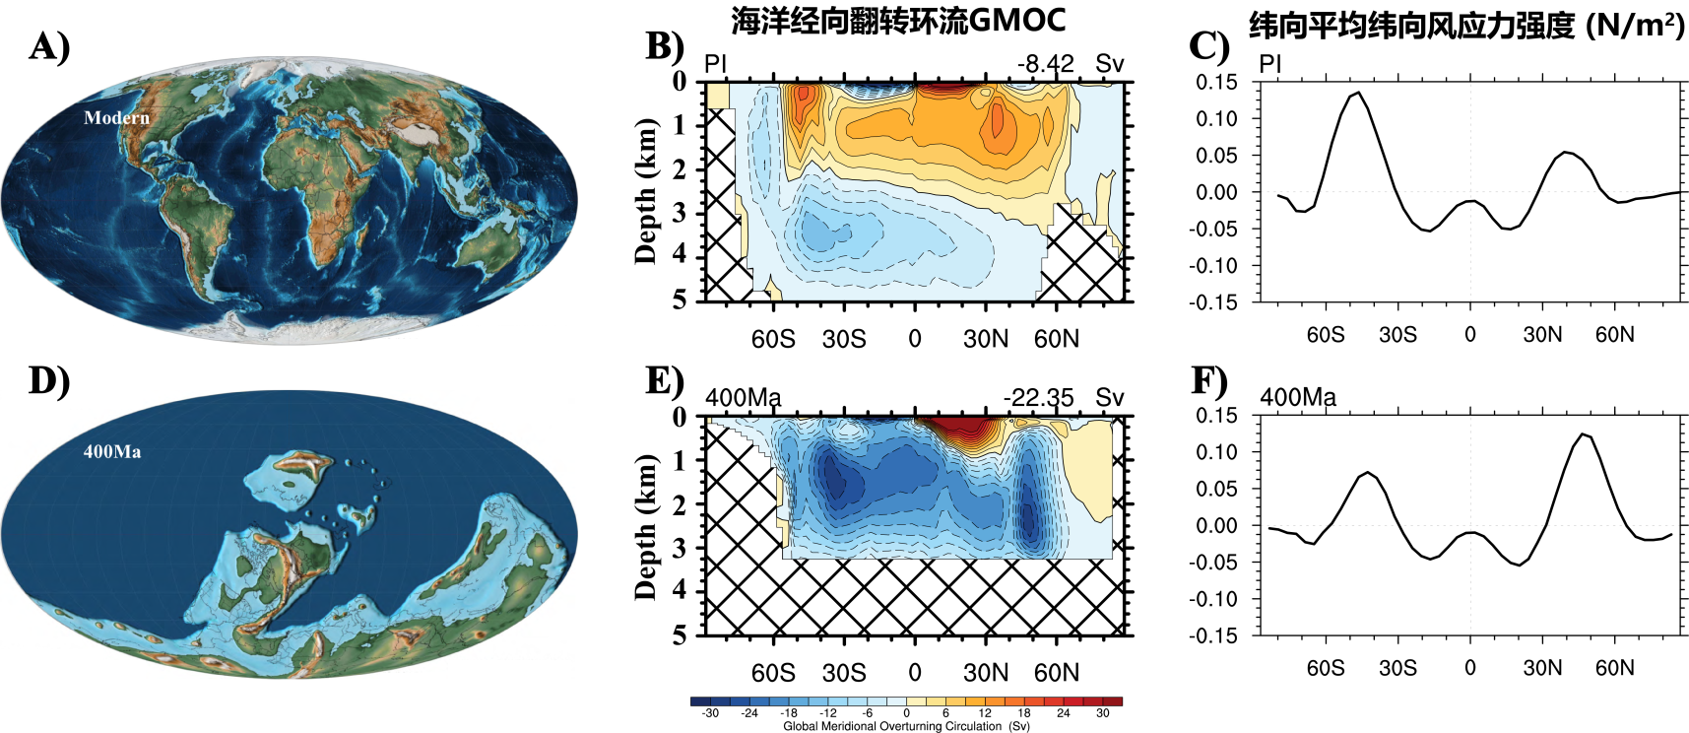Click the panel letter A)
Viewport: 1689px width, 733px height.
click(x=49, y=46)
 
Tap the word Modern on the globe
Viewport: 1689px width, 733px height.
click(x=116, y=118)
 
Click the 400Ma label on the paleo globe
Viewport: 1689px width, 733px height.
click(x=112, y=452)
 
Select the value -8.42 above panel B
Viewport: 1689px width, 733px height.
click(x=1045, y=64)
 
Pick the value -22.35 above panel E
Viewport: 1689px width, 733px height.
click(x=1038, y=398)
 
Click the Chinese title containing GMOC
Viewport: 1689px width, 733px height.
click(x=898, y=21)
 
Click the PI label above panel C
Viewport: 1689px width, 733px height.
click(x=1270, y=64)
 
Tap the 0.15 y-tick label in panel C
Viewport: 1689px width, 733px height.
click(x=1216, y=82)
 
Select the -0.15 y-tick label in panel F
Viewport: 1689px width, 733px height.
click(x=1212, y=635)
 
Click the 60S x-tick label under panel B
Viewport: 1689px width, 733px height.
click(x=773, y=339)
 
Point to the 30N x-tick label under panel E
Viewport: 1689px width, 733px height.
click(x=986, y=673)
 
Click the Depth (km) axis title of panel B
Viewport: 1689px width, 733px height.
click(x=645, y=191)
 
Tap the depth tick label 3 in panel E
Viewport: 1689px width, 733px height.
click(x=680, y=548)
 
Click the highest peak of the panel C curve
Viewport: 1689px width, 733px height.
click(x=1359, y=93)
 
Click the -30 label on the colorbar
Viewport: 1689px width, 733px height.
click(x=709, y=713)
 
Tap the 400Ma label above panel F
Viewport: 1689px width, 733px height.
click(x=1298, y=398)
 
